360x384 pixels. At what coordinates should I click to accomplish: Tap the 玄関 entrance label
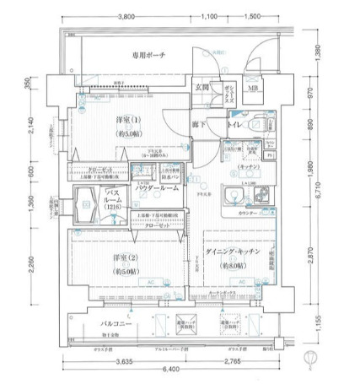[x=202, y=88]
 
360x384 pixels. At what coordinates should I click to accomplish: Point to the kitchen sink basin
[x=232, y=199]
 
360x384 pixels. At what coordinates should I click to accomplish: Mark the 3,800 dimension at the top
[x=126, y=17]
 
